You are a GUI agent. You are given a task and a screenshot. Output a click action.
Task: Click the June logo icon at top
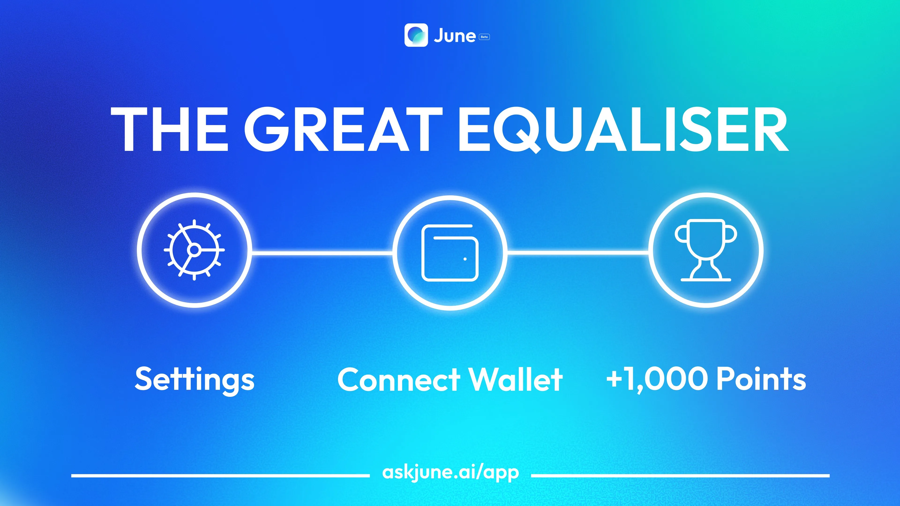(x=416, y=35)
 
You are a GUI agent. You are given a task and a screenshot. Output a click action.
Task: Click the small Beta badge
(x=484, y=37)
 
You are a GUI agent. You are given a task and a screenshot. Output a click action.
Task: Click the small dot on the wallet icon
(x=465, y=259)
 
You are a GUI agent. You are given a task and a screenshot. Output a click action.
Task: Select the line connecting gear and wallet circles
(x=322, y=252)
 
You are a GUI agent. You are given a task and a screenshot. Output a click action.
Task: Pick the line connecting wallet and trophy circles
(x=578, y=251)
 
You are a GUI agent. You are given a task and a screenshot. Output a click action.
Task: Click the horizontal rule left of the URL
(x=220, y=476)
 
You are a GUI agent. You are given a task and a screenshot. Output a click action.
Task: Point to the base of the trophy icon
(x=706, y=279)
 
